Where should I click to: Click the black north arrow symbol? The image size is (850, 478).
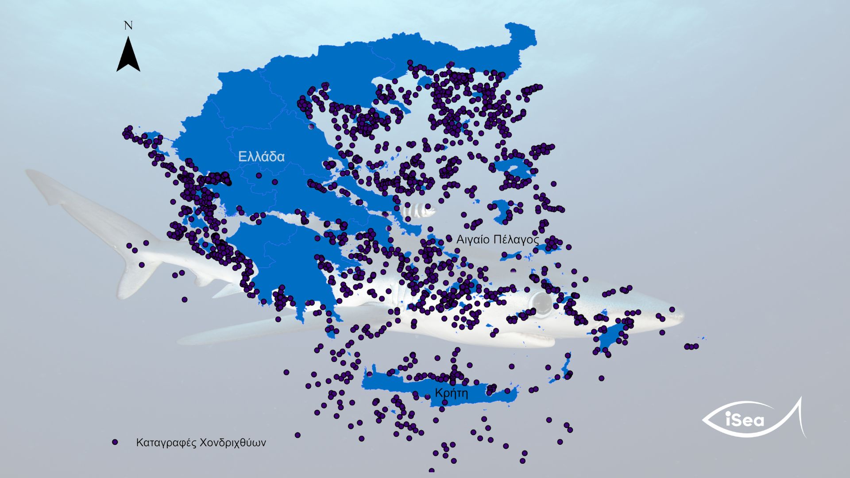[128, 55]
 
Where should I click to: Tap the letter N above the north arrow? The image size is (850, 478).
[128, 26]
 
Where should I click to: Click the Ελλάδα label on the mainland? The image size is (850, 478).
[261, 157]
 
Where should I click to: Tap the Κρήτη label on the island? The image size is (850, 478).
[451, 393]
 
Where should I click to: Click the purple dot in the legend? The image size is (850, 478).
[115, 442]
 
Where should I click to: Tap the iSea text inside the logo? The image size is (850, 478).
[745, 419]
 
